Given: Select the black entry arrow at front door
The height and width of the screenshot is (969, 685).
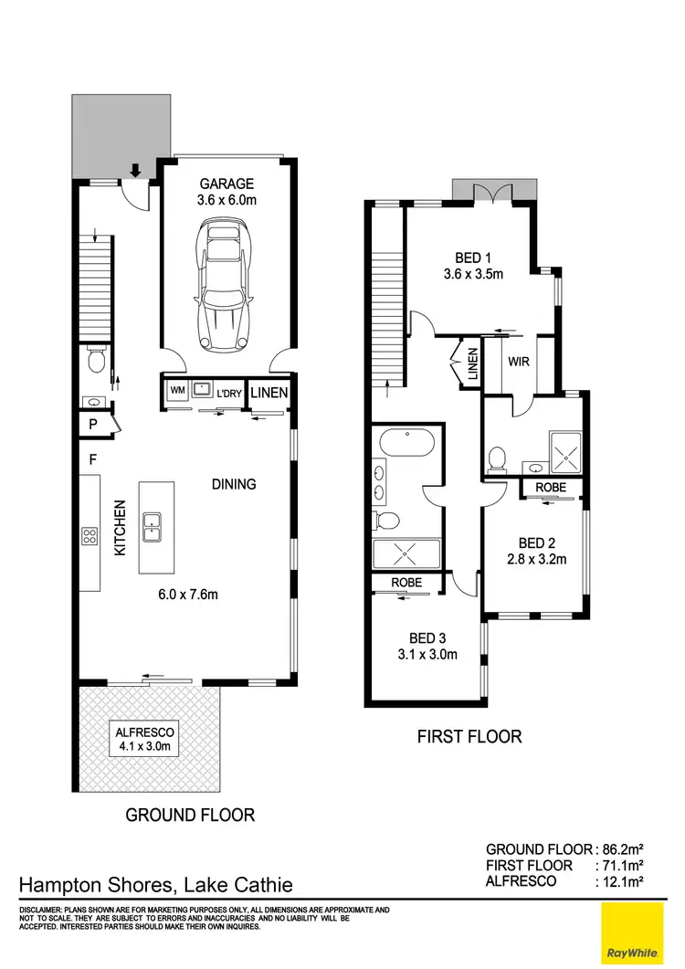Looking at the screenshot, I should tap(135, 170).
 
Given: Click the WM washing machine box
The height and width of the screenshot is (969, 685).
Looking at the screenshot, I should tap(176, 392).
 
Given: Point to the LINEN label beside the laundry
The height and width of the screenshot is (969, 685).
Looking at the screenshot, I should tap(269, 393).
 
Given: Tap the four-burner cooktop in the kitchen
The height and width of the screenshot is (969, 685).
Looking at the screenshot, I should tap(90, 536).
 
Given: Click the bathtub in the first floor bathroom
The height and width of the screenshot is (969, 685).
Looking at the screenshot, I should tap(406, 443).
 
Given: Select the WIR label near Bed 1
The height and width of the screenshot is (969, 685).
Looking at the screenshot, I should tap(519, 362).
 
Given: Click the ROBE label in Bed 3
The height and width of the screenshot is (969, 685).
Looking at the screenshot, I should tap(406, 582).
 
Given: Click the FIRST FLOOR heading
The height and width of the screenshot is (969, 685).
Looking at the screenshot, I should tap(469, 735).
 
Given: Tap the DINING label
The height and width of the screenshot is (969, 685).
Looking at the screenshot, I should tap(234, 484).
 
